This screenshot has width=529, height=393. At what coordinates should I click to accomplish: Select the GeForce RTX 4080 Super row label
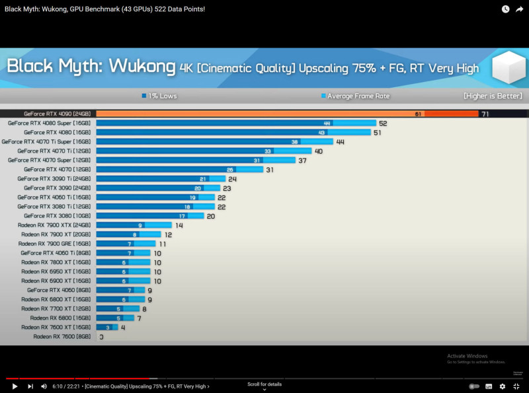(49, 123)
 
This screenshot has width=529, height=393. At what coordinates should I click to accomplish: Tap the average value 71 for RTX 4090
(485, 114)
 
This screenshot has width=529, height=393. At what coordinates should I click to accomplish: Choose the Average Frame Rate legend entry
(355, 96)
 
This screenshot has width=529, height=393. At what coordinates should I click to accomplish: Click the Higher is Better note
(493, 96)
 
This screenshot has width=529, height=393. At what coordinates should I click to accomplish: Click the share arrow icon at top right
(519, 9)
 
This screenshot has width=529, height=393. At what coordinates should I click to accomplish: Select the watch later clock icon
(505, 9)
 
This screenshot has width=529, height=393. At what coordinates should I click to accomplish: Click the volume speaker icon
(44, 386)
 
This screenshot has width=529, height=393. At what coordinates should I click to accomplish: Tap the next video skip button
(30, 386)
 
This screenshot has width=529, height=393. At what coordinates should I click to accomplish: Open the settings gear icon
(503, 386)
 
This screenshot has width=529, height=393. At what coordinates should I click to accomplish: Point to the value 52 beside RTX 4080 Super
(383, 124)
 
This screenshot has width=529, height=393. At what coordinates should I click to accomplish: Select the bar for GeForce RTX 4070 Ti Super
(214, 141)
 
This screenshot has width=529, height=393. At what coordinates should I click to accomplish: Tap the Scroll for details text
(264, 384)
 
